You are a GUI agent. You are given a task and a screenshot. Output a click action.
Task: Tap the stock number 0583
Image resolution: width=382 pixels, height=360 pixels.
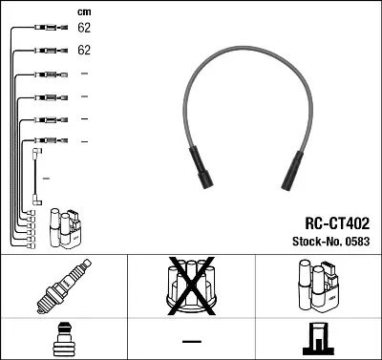pyautogui.click(x=359, y=240)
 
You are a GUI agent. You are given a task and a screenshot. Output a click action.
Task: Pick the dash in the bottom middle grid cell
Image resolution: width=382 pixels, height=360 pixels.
pyautogui.click(x=191, y=341)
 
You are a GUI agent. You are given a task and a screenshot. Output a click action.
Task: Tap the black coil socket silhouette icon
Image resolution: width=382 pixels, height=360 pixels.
pyautogui.click(x=318, y=340)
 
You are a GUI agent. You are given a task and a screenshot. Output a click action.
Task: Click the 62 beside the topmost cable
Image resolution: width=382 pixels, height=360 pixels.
pyautogui.click(x=84, y=30)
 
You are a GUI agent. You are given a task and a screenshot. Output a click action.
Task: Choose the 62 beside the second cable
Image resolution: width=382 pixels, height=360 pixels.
pyautogui.click(x=84, y=50)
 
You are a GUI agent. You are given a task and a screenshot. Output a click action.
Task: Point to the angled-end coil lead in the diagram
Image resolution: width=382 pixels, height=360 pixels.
pyautogui.click(x=37, y=177)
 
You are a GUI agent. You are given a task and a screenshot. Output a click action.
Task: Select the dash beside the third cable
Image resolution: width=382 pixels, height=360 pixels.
pyautogui.click(x=84, y=74)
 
